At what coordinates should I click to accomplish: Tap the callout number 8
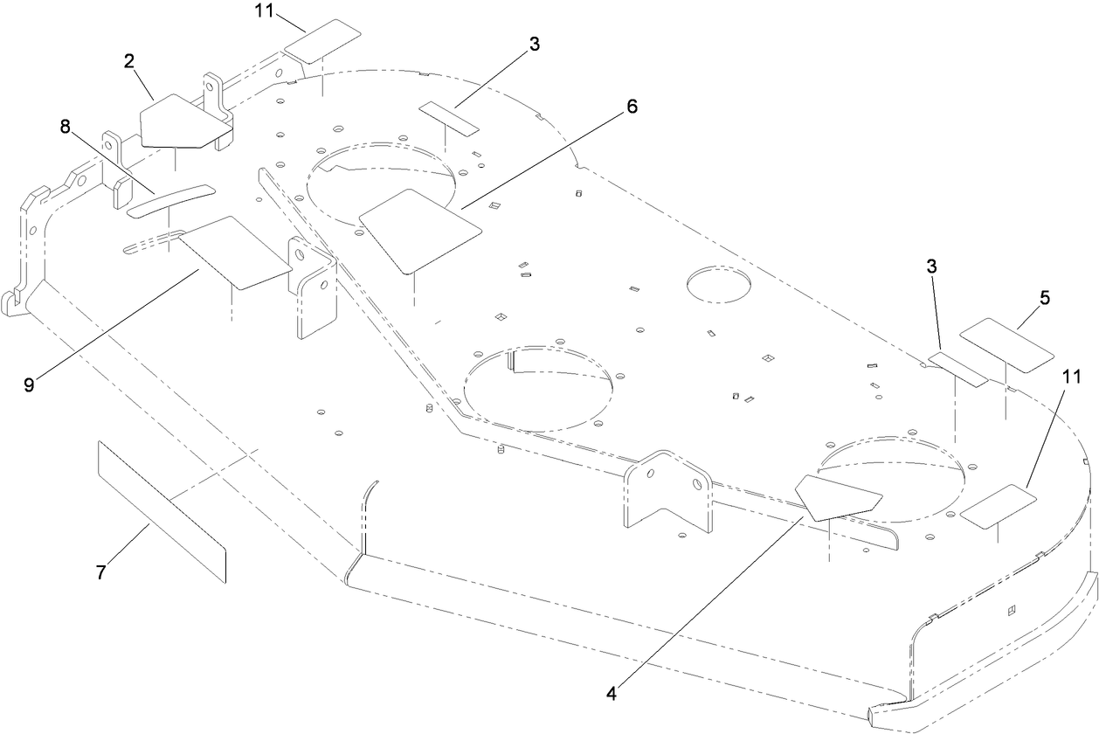click(65, 125)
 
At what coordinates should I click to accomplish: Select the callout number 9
click(29, 384)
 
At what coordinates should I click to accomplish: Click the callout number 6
click(632, 107)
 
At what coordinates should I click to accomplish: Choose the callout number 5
click(1045, 297)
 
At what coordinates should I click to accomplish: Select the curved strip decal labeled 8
click(171, 200)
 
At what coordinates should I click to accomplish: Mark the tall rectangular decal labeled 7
click(162, 510)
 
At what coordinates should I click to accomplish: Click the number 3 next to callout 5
click(932, 267)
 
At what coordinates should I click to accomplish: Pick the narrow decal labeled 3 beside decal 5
click(957, 369)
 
